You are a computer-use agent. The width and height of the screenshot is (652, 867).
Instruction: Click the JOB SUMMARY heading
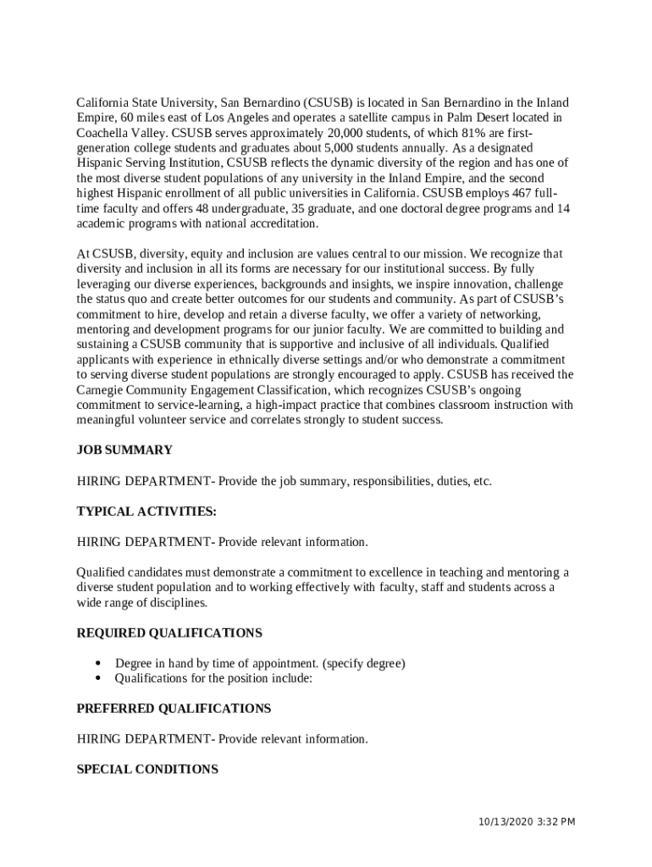tap(124, 450)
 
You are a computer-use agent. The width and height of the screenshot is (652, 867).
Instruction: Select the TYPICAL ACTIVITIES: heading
tap(146, 511)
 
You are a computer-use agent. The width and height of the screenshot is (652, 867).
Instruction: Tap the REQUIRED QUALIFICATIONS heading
tap(169, 633)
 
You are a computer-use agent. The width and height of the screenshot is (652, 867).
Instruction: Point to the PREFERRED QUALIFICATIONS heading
tap(174, 709)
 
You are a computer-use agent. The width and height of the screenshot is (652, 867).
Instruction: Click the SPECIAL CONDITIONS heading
tap(147, 770)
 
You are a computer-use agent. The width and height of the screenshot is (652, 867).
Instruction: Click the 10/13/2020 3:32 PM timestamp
tap(526, 822)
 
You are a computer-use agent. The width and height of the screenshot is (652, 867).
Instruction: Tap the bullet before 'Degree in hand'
tap(98, 663)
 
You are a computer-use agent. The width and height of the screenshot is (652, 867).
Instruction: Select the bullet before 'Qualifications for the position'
tap(98, 678)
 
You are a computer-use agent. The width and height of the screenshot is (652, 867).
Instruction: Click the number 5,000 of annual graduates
tap(347, 148)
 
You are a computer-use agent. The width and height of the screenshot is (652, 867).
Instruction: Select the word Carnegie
tap(102, 390)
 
